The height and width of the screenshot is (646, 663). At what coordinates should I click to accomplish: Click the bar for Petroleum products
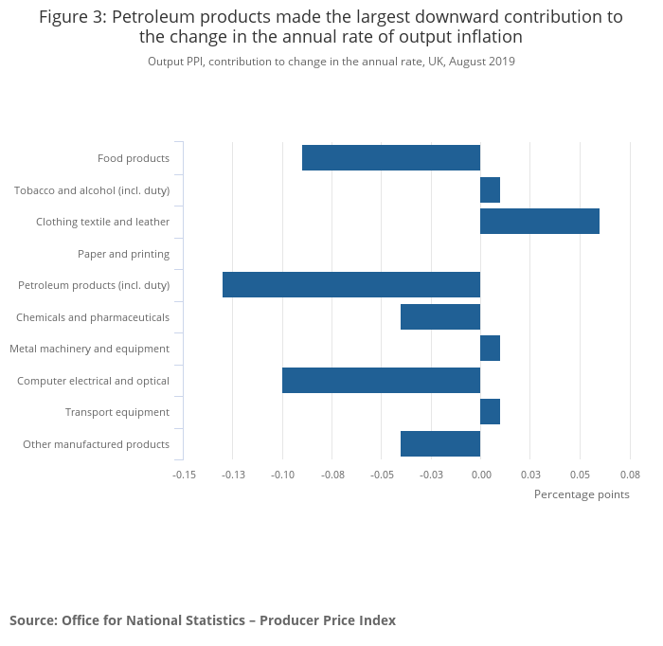pyautogui.click(x=351, y=285)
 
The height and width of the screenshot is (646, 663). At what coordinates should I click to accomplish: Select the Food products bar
pyautogui.click(x=391, y=158)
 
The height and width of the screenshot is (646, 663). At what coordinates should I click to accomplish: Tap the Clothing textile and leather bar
pyautogui.click(x=540, y=222)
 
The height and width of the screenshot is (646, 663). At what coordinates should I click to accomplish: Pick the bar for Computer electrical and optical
pyautogui.click(x=381, y=381)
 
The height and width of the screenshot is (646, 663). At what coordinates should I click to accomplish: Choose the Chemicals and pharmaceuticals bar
pyautogui.click(x=440, y=317)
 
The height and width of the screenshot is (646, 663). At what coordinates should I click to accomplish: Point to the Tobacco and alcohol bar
pyautogui.click(x=490, y=190)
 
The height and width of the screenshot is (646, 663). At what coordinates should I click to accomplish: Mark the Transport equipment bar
pyautogui.click(x=490, y=412)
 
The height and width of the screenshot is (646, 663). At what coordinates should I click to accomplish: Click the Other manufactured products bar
pyautogui.click(x=440, y=444)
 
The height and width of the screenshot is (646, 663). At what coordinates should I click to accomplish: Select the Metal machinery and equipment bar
pyautogui.click(x=490, y=349)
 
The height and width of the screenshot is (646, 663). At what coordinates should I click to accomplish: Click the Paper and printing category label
pyautogui.click(x=123, y=254)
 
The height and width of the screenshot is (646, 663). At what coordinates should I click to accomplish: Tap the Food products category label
pyautogui.click(x=134, y=158)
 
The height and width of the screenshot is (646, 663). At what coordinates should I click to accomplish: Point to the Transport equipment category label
pyautogui.click(x=117, y=412)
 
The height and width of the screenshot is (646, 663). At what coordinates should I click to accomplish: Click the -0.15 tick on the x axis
pyautogui.click(x=184, y=474)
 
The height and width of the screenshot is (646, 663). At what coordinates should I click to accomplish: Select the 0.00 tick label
pyautogui.click(x=480, y=474)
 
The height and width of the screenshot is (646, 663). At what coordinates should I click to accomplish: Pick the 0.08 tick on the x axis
pyautogui.click(x=629, y=474)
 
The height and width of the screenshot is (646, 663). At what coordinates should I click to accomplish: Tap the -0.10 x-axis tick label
pyautogui.click(x=282, y=474)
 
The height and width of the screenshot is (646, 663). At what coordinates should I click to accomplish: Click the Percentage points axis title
pyautogui.click(x=582, y=494)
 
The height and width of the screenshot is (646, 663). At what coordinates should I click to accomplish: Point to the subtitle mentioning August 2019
pyautogui.click(x=331, y=62)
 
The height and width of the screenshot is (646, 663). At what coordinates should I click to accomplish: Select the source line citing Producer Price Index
pyautogui.click(x=203, y=620)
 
